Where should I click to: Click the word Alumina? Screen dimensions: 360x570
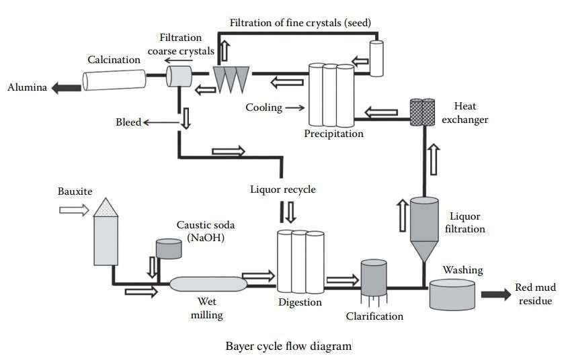pyautogui.click(x=27, y=87)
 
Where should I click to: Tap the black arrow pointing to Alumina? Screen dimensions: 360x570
pyautogui.click(x=67, y=87)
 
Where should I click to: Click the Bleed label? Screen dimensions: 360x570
pyautogui.click(x=128, y=122)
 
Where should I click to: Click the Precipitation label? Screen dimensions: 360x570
pyautogui.click(x=333, y=134)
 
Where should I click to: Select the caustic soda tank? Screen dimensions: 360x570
pyautogui.click(x=168, y=249)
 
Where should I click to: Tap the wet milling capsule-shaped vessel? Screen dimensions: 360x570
pyautogui.click(x=208, y=285)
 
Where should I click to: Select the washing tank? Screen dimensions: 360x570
pyautogui.click(x=452, y=294)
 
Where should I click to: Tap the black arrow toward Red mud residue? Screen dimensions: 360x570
pyautogui.click(x=495, y=293)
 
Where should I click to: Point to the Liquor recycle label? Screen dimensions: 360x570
pyautogui.click(x=282, y=189)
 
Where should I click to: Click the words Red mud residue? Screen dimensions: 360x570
pyautogui.click(x=534, y=294)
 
